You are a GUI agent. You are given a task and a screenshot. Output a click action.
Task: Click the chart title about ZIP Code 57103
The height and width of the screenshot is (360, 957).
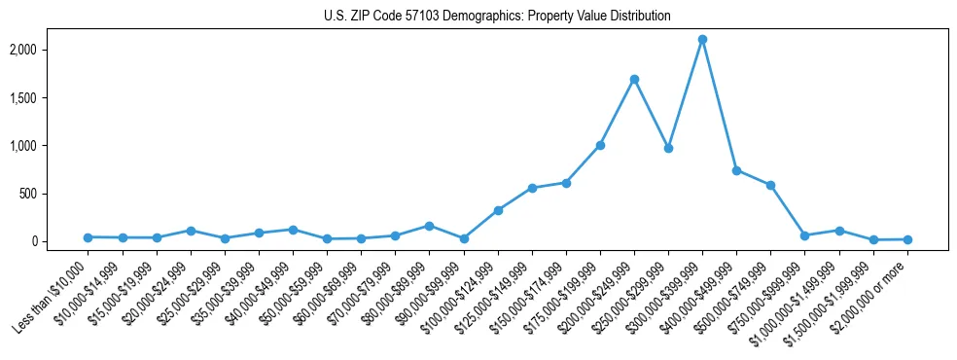click(497, 17)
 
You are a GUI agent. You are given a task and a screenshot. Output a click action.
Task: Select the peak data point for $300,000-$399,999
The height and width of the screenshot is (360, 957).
click(702, 40)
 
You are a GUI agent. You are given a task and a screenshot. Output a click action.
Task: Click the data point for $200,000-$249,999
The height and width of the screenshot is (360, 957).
click(634, 79)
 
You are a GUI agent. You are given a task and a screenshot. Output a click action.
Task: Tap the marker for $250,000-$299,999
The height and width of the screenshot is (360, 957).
click(668, 149)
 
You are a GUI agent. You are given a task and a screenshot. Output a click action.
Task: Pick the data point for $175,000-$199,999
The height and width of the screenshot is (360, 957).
click(600, 145)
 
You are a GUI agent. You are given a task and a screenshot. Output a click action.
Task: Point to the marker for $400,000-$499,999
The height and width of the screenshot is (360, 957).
click(736, 170)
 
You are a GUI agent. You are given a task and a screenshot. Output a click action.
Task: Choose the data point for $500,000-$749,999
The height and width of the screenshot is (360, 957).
click(770, 185)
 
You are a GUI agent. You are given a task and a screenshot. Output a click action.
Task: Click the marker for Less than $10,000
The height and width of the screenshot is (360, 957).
click(88, 237)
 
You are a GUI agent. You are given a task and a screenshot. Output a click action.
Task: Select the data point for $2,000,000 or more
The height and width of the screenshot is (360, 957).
click(907, 239)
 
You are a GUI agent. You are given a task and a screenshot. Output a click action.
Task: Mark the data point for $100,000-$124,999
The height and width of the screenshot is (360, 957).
click(498, 210)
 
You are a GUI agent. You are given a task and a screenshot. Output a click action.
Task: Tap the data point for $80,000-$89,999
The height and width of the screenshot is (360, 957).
click(429, 226)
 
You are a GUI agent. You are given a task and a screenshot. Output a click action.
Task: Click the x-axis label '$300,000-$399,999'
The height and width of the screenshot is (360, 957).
click(665, 291)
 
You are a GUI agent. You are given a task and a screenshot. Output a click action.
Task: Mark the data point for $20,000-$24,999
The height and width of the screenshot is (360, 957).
click(191, 231)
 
